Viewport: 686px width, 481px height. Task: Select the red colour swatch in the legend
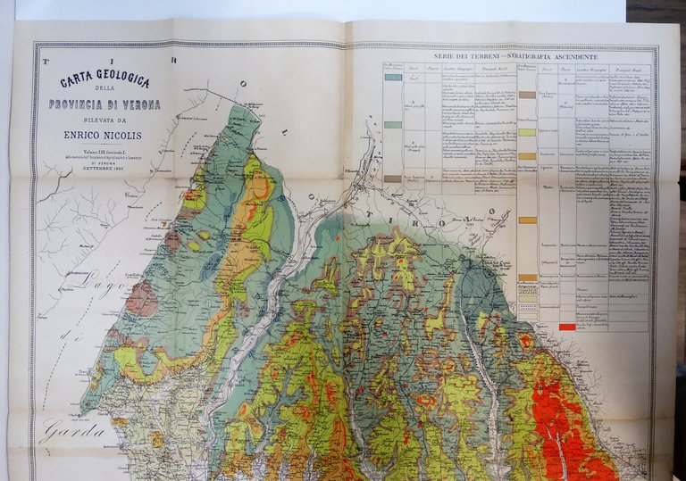coord(566,327)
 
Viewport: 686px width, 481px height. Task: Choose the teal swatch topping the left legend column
coord(392,78)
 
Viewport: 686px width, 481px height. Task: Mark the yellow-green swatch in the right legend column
coord(527,132)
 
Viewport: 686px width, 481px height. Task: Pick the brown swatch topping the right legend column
coord(527,94)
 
